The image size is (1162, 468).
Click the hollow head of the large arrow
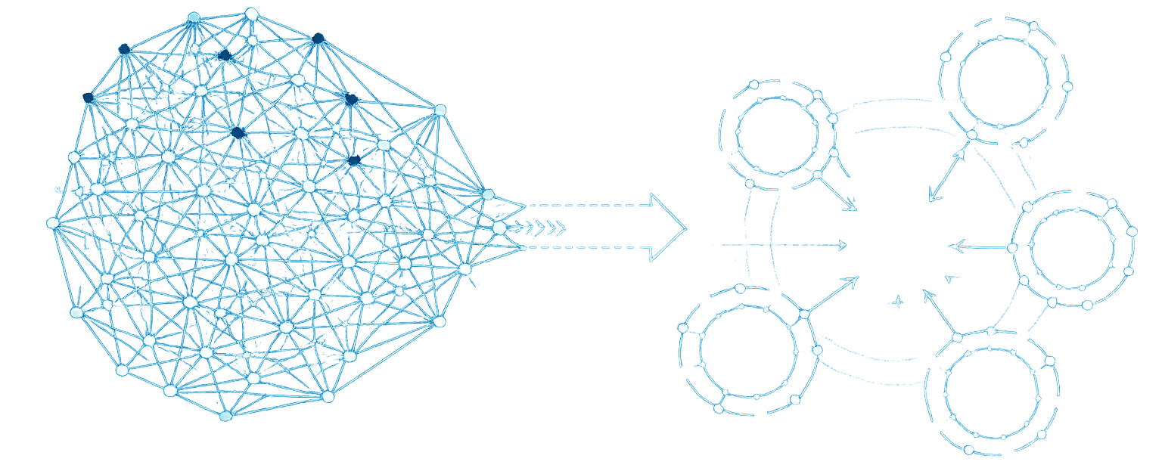666,228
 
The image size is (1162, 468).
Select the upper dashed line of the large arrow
586,205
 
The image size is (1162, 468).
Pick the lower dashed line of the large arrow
586,248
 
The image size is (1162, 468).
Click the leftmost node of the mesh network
52,223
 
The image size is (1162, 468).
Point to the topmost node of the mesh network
252,14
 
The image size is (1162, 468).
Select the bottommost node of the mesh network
225,417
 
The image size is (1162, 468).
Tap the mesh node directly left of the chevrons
499,228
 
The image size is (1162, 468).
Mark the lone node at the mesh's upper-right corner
440,110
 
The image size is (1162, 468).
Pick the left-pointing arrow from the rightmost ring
980,246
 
